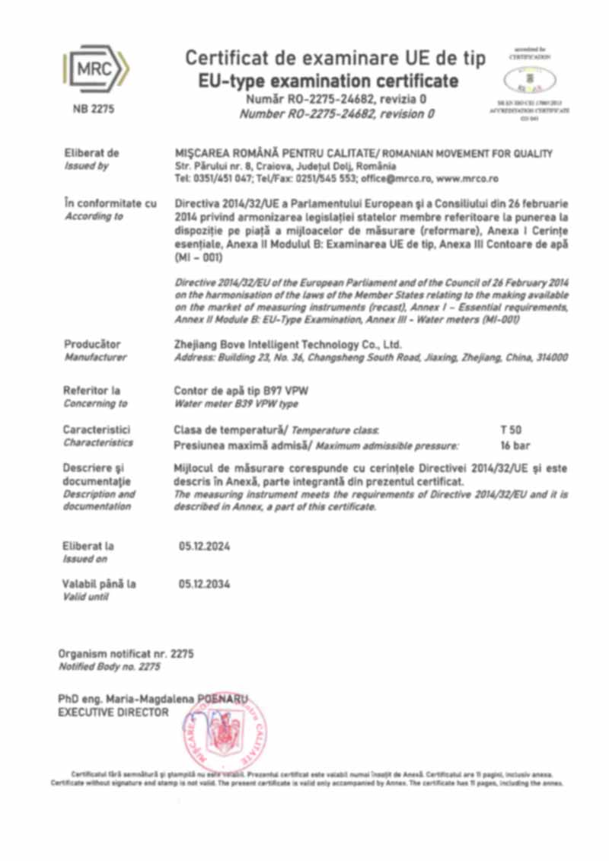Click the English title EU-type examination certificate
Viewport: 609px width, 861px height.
pyautogui.click(x=328, y=81)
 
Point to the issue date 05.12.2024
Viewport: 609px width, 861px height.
pyautogui.click(x=204, y=547)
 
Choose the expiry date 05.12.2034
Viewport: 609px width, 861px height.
pyautogui.click(x=204, y=585)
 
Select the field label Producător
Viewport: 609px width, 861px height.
pyautogui.click(x=93, y=344)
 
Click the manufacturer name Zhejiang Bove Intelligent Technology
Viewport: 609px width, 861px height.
pyautogui.click(x=288, y=344)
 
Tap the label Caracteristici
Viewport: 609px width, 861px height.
pyautogui.click(x=97, y=430)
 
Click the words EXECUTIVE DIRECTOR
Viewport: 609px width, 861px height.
pyautogui.click(x=113, y=713)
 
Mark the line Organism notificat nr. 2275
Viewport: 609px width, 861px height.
pyautogui.click(x=126, y=654)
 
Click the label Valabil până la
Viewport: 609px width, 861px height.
pyautogui.click(x=100, y=585)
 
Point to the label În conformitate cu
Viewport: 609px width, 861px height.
pyautogui.click(x=110, y=203)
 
